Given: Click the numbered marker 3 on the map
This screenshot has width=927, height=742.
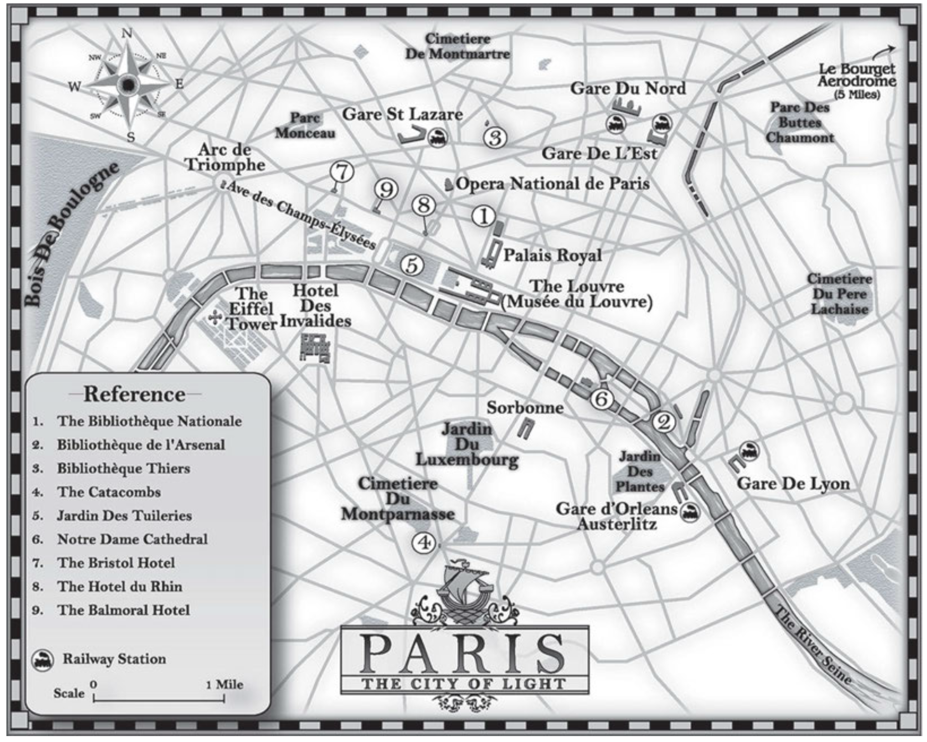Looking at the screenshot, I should (495, 138).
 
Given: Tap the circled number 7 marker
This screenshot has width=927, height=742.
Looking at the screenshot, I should (342, 172).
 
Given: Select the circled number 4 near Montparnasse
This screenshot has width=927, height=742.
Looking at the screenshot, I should (424, 542).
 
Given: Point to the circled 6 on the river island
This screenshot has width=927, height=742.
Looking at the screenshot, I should (601, 399).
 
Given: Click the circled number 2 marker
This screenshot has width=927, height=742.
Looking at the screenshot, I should (663, 422).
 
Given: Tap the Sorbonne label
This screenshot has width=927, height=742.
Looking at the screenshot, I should (525, 407).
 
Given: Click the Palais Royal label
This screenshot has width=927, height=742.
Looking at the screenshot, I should (552, 255).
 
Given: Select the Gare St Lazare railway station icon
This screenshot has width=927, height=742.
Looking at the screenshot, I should (438, 137).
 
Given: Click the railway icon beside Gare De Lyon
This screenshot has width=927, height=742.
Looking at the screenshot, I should (749, 451).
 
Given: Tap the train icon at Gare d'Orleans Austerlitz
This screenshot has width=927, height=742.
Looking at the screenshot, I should (690, 512).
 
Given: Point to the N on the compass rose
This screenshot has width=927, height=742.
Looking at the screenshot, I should (127, 33).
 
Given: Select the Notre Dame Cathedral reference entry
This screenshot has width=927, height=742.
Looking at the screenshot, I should (132, 539).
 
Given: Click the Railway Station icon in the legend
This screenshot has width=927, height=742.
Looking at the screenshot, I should (42, 660).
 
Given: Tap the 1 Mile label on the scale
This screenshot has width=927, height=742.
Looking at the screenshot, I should (224, 684).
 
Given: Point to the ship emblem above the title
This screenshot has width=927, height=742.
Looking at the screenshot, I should (464, 588).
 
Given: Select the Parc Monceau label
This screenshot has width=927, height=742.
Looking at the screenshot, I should (305, 125).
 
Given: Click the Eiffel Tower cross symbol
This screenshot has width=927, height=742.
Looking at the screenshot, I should (215, 318).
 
